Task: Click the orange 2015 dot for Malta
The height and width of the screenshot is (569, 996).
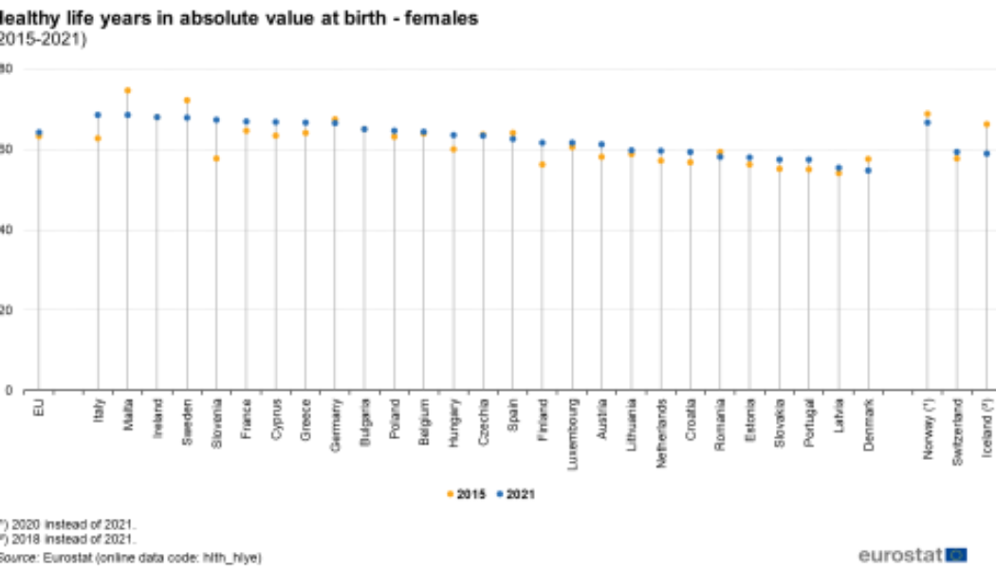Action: tap(127, 91)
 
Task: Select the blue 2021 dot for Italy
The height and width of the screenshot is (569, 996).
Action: tap(98, 115)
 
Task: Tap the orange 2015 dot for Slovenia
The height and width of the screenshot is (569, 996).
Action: tap(216, 158)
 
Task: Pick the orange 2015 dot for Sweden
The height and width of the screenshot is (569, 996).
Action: tap(187, 101)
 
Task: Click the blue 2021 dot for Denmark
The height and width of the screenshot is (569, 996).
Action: tap(868, 171)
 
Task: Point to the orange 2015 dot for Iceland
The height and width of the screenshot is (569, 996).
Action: tap(987, 124)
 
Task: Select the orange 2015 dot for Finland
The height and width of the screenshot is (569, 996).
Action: tap(543, 164)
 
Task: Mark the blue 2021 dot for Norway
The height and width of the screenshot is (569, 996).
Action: tap(928, 122)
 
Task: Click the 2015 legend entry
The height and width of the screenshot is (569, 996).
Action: tap(466, 494)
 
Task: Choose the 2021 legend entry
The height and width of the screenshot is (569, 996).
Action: tap(517, 494)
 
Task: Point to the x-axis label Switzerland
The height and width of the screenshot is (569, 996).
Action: tap(957, 431)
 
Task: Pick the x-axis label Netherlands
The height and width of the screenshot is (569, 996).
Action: tap(661, 431)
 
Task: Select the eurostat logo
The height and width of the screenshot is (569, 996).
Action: tap(912, 555)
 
